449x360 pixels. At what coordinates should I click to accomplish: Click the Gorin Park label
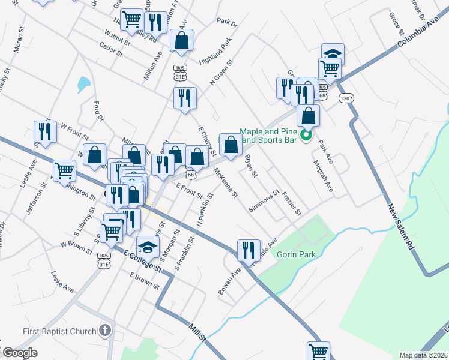coord(296,254)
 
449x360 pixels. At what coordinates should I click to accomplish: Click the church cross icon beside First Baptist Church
coord(106,331)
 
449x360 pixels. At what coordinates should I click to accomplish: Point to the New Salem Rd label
coord(401,226)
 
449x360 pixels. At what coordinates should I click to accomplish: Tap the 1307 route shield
coord(345,98)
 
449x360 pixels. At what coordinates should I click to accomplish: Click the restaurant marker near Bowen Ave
coord(249,250)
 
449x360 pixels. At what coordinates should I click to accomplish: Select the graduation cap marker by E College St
coord(148,246)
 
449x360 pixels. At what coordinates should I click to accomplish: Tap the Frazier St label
coord(292,204)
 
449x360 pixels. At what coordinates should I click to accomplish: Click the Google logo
coord(20,353)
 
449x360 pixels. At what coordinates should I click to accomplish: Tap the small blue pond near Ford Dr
coord(83,84)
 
